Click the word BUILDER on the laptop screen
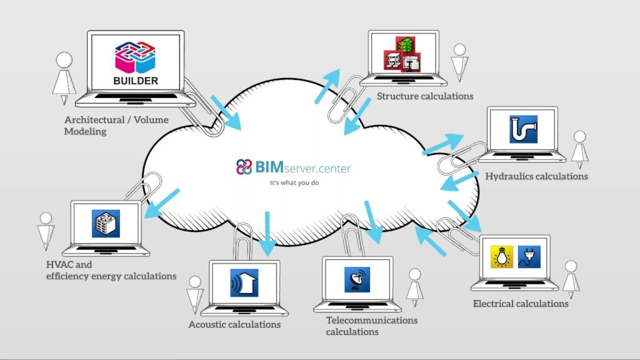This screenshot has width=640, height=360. tap(136, 81)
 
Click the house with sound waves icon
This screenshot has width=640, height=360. tap(244, 282)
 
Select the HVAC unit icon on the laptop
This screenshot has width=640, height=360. tap(106, 223)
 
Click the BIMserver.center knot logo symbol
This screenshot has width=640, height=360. tap(244, 167)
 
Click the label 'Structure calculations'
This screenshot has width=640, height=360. tap(425, 96)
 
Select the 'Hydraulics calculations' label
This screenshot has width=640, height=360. tap(536, 176)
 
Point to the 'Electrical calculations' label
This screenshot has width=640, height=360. tap(521, 304)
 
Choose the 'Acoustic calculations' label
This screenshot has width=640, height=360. tap(234, 324)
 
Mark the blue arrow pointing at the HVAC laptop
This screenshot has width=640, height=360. tap(161, 204)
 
